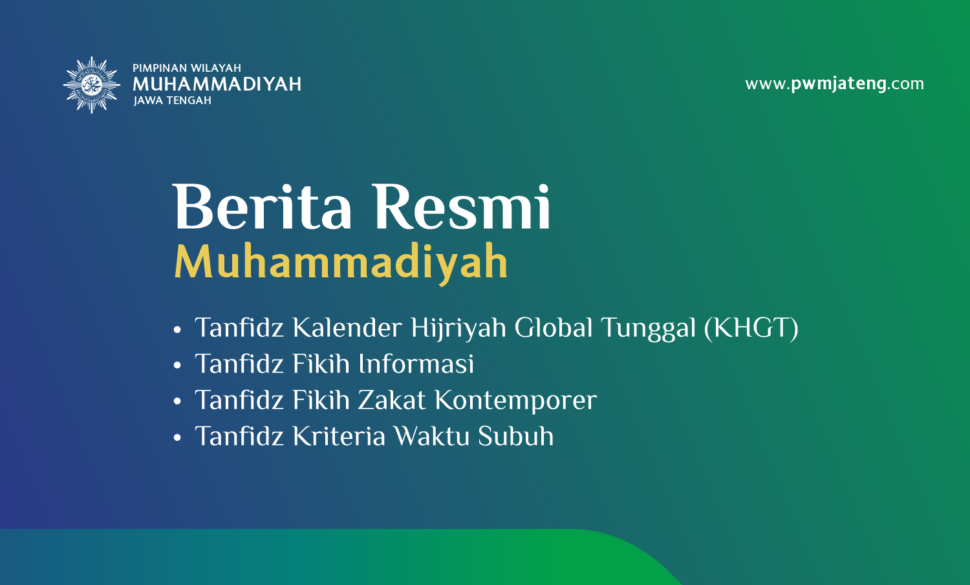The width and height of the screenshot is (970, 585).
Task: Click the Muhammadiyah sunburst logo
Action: click(x=91, y=85)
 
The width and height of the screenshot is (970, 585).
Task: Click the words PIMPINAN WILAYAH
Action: click(x=187, y=68)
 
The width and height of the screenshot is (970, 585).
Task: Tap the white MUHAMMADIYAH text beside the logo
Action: click(x=217, y=84)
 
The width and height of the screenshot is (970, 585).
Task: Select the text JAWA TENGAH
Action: click(x=173, y=100)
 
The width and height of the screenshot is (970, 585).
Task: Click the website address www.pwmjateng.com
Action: click(x=834, y=83)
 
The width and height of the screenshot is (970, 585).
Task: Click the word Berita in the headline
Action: click(x=262, y=206)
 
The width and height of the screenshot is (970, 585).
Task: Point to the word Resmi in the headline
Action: click(x=462, y=206)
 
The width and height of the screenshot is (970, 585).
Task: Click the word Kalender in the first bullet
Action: click(x=347, y=327)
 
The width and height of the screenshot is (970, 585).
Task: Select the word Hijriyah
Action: click(x=458, y=328)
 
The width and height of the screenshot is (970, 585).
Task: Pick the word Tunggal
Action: click(x=649, y=328)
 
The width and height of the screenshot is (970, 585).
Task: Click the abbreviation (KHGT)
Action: click(x=751, y=328)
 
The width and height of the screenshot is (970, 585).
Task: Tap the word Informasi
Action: click(x=416, y=363)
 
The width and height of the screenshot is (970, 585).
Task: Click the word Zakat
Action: click(x=391, y=399)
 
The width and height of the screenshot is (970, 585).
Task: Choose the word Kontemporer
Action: click(x=516, y=401)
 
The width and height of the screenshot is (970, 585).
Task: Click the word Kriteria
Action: click(x=339, y=436)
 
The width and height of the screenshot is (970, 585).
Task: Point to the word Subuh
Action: click(x=516, y=436)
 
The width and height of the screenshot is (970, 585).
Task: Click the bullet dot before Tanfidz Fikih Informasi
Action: click(x=177, y=366)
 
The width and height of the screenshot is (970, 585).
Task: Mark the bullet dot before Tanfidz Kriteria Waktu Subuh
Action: click(x=177, y=438)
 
